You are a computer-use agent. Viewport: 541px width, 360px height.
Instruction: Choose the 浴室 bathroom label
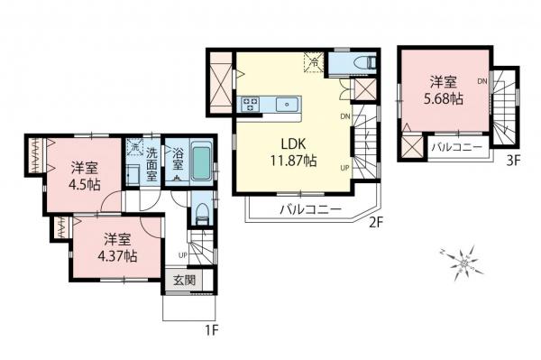(x=179, y=159)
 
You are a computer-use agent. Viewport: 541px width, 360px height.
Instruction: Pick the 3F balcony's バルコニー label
(x=455, y=146)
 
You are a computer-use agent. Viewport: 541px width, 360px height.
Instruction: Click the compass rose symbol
(x=463, y=262)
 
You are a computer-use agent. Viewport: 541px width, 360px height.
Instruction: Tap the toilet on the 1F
(x=202, y=216)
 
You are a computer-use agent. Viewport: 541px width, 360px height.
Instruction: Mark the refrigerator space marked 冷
(x=315, y=62)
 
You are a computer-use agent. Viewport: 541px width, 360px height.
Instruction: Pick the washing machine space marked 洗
(x=133, y=147)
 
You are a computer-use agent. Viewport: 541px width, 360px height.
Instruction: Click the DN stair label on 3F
(x=482, y=82)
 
